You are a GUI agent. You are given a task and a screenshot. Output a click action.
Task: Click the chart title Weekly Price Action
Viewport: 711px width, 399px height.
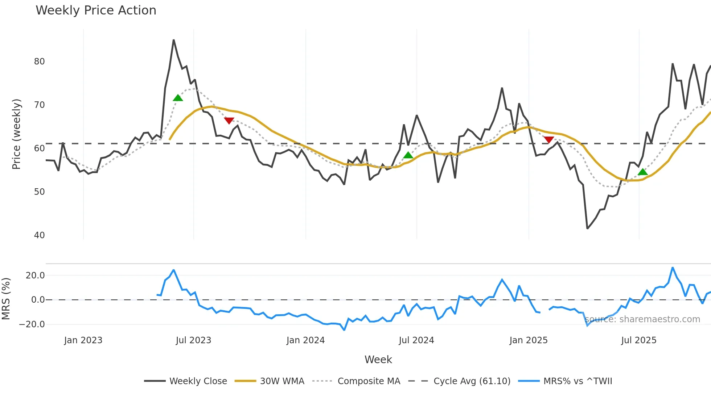tap(96, 10)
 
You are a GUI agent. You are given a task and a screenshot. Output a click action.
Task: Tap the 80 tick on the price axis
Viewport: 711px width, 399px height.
tap(39, 62)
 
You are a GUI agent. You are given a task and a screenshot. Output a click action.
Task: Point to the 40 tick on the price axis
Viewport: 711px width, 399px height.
tap(39, 235)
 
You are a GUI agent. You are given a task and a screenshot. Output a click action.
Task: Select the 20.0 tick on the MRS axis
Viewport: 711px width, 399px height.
tap(35, 276)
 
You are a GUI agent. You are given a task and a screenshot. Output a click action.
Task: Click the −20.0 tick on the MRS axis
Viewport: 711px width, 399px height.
tap(32, 324)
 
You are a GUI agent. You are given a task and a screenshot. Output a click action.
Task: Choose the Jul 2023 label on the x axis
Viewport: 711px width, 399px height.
tap(193, 340)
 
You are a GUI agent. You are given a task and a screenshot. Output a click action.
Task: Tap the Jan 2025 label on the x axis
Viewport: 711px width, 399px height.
tap(528, 340)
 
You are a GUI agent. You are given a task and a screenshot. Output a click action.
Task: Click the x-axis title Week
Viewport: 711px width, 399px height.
tap(378, 360)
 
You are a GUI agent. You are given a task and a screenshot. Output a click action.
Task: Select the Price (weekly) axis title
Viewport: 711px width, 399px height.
tap(16, 134)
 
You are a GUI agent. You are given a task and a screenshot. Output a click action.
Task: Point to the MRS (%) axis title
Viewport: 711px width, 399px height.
tap(6, 299)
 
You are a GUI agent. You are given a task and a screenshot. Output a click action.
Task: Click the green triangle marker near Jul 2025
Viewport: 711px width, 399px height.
tap(642, 172)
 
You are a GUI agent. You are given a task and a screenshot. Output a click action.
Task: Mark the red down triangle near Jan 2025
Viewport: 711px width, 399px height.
tap(548, 140)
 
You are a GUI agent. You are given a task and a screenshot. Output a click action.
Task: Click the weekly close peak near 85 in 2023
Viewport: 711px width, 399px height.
tap(174, 40)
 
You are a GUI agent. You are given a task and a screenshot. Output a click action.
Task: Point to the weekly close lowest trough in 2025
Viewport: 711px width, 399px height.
tap(587, 228)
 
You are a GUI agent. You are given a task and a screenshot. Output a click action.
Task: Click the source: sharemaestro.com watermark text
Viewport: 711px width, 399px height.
tap(642, 319)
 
